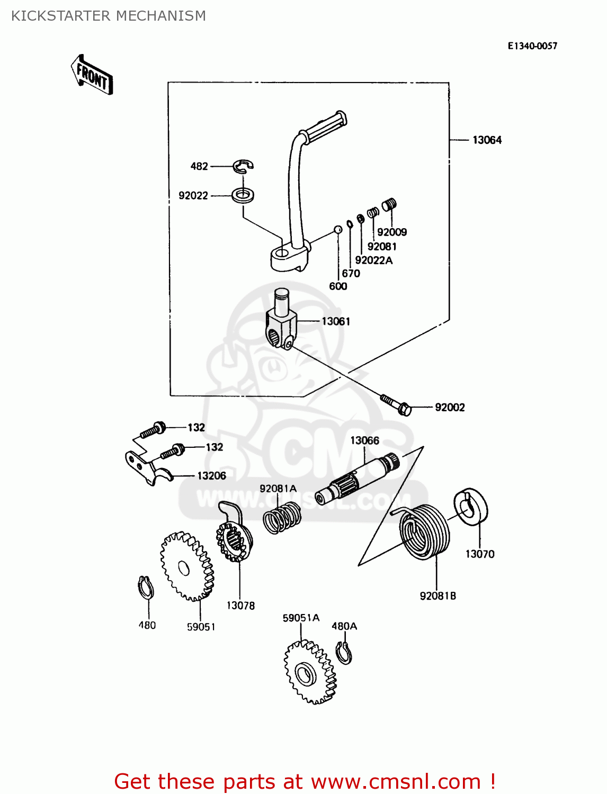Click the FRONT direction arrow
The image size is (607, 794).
pyautogui.click(x=92, y=76)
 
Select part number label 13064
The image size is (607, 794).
pyautogui.click(x=487, y=140)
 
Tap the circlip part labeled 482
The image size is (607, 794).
pyautogui.click(x=243, y=166)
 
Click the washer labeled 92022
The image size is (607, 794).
pyautogui.click(x=243, y=195)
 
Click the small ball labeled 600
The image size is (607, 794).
pyautogui.click(x=337, y=229)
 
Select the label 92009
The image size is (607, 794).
pyautogui.click(x=392, y=232)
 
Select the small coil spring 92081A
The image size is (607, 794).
pyautogui.click(x=282, y=518)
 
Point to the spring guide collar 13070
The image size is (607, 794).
pyautogui.click(x=471, y=507)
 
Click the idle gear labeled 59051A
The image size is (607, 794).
pyautogui.click(x=310, y=672)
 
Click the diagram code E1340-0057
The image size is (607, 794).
pyautogui.click(x=532, y=46)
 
